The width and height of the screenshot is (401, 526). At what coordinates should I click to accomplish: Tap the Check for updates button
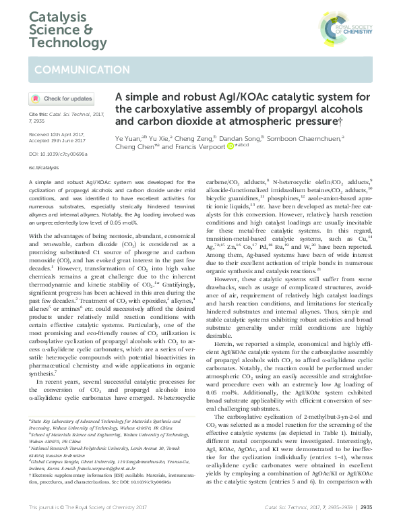tap(61, 99)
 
